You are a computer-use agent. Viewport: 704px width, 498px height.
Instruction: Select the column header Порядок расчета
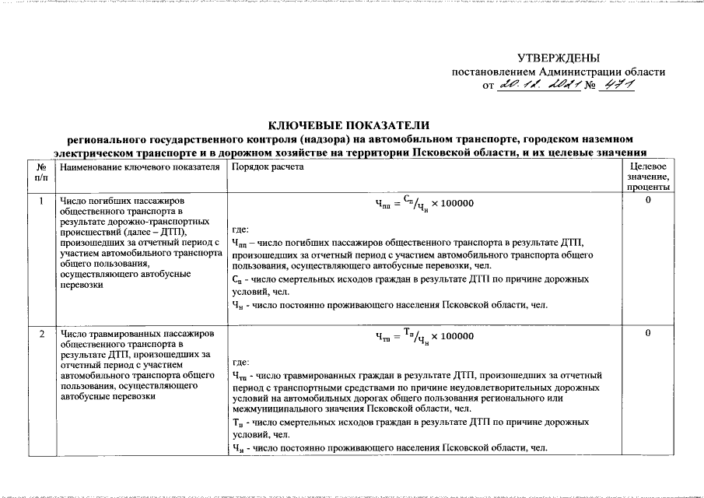pos(256,167)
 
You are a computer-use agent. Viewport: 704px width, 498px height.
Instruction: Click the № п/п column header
pos(41,173)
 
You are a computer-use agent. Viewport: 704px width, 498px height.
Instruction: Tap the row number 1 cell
pos(41,202)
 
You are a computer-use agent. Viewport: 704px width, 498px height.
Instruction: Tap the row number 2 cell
pos(41,334)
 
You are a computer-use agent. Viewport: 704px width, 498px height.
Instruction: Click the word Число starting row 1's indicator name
pos(74,202)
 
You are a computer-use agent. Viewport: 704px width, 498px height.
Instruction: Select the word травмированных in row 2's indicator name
pos(124,334)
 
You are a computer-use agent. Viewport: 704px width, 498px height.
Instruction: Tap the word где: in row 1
pos(241,230)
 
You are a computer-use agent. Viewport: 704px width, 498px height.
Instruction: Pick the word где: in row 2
pos(241,363)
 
